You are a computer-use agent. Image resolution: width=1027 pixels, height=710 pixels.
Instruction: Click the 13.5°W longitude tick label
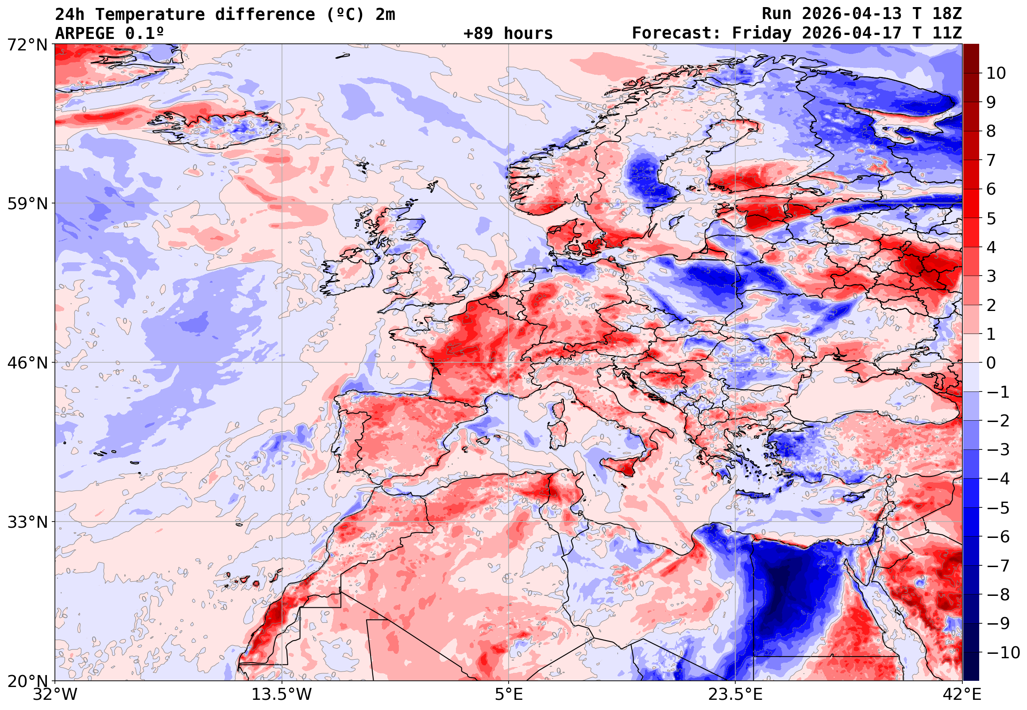tap(282, 694)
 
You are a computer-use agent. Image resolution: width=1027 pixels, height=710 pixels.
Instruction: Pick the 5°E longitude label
tap(509, 694)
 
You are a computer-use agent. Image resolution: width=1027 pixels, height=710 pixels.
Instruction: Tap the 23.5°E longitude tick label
tap(735, 694)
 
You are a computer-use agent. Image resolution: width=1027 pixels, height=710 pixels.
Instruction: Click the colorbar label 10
tap(996, 73)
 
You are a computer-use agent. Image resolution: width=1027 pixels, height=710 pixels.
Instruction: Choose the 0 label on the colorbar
tap(991, 363)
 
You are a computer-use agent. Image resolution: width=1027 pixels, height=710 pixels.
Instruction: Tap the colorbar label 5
tap(991, 219)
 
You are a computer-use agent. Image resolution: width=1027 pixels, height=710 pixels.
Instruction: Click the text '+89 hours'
tap(508, 33)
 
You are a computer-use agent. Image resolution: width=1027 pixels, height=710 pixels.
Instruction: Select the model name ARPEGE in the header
tap(85, 33)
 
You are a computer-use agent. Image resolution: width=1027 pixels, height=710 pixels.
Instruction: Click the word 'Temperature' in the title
tap(150, 15)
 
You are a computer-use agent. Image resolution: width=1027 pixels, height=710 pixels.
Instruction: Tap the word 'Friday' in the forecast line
tap(762, 33)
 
